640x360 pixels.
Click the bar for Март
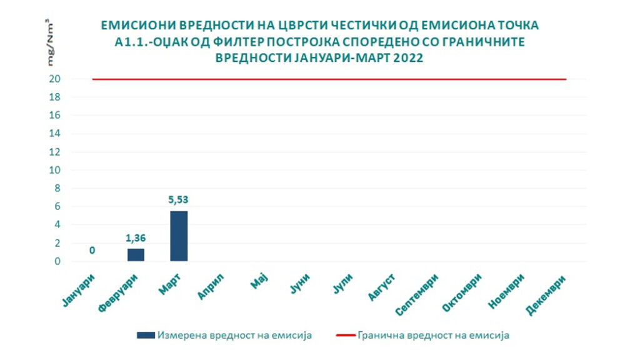(178, 236)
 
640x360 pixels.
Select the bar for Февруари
(136, 254)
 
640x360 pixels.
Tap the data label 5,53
(178, 201)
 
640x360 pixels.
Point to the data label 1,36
(136, 238)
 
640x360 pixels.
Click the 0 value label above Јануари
(92, 251)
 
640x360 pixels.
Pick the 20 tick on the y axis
(56, 79)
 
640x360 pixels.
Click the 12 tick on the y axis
(56, 152)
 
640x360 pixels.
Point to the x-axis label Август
(382, 287)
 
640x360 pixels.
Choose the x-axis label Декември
(548, 294)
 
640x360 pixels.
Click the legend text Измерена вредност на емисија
(234, 335)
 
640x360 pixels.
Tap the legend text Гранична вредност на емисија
(434, 335)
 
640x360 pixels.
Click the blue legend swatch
(145, 335)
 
